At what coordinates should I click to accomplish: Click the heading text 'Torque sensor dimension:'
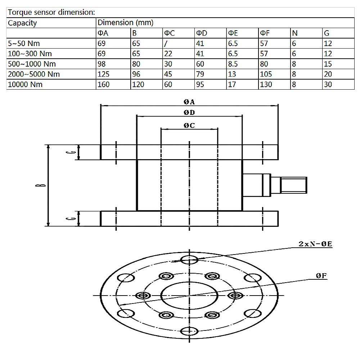click(x=51, y=12)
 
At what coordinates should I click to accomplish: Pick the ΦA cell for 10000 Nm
click(x=104, y=85)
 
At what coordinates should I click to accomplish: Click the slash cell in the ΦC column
click(x=166, y=44)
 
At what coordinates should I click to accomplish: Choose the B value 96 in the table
click(x=138, y=75)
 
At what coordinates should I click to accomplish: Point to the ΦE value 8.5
click(x=233, y=64)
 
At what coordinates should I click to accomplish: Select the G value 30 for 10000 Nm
click(x=328, y=85)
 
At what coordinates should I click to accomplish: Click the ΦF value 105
click(x=267, y=75)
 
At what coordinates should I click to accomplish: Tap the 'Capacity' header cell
click(x=22, y=23)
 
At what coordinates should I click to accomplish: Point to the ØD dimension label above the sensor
click(x=189, y=112)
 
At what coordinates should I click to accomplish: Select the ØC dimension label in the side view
click(x=189, y=125)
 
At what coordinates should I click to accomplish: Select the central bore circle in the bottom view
click(x=189, y=295)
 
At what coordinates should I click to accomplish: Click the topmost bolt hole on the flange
click(x=189, y=259)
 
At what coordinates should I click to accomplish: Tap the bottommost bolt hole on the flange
click(x=189, y=331)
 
